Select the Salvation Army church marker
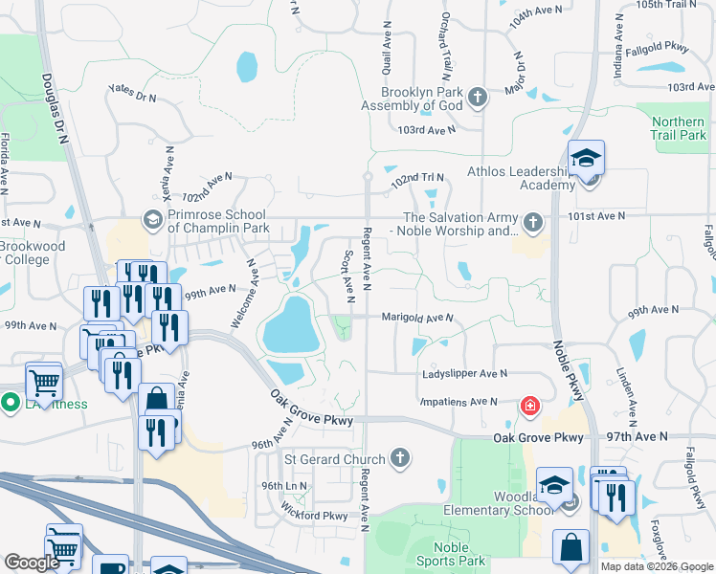click(x=533, y=223)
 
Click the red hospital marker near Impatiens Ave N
click(x=527, y=407)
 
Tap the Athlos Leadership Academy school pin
click(x=586, y=160)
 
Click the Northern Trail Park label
click(x=678, y=128)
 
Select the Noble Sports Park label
click(x=450, y=553)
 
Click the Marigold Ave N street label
click(x=416, y=317)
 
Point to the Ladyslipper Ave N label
click(x=464, y=374)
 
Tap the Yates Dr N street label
click(x=132, y=93)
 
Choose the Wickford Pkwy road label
click(x=315, y=516)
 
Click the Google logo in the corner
click(x=32, y=563)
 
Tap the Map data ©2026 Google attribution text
click(x=656, y=566)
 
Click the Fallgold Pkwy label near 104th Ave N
click(x=657, y=47)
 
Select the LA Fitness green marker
click(x=10, y=404)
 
